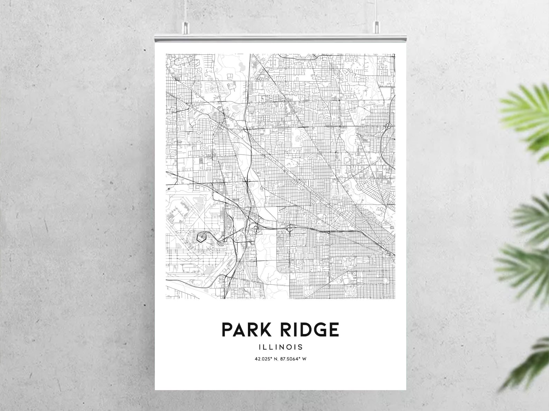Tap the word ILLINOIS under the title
[x=280, y=347]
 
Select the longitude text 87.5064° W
[x=294, y=359]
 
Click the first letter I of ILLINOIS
[x=258, y=347]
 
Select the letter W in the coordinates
[x=304, y=359]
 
